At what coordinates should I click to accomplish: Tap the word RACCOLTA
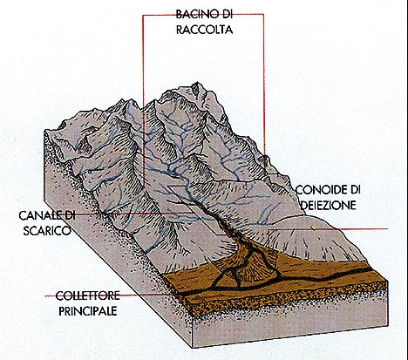(x=205, y=30)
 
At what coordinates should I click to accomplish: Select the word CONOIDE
(x=320, y=190)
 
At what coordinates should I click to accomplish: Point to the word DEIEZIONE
(x=328, y=205)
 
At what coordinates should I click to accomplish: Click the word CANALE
(x=38, y=215)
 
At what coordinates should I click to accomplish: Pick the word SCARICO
(x=47, y=231)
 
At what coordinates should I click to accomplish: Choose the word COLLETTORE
(x=87, y=295)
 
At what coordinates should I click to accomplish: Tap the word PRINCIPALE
(x=88, y=311)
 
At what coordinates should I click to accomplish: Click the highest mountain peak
(x=196, y=84)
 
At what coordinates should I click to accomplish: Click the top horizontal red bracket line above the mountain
(x=203, y=15)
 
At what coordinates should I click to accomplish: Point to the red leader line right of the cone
(x=328, y=229)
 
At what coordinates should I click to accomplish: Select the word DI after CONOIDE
(x=354, y=190)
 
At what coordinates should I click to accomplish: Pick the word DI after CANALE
(x=68, y=215)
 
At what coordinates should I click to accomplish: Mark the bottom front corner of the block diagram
(x=194, y=348)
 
